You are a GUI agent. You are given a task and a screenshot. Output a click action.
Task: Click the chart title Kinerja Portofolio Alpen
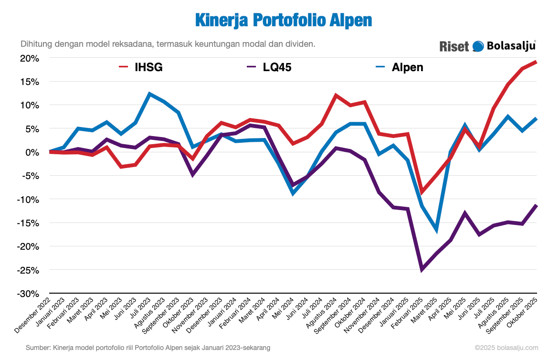[x=283, y=21]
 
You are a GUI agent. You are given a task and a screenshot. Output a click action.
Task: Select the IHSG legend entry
[x=141, y=67]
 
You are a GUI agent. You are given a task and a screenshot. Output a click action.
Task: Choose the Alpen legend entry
[x=399, y=67]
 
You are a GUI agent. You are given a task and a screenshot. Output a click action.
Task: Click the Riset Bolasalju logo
[x=487, y=46]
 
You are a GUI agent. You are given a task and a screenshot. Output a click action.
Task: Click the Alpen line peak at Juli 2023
[x=149, y=94]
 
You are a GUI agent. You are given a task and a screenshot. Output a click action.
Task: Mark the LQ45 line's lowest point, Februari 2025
[x=422, y=270]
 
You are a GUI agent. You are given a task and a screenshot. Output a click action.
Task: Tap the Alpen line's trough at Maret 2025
[x=436, y=230]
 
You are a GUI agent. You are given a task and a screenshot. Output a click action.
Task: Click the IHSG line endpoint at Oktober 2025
[x=537, y=62]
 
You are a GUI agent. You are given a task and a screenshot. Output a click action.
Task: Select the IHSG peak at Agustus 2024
[x=336, y=95]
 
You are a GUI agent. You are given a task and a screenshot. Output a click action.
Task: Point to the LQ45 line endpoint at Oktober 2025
[x=537, y=205]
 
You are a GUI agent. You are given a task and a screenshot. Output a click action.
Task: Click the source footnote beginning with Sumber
[x=148, y=348]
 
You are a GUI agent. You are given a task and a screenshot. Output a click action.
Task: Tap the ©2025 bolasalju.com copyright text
[x=506, y=348]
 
